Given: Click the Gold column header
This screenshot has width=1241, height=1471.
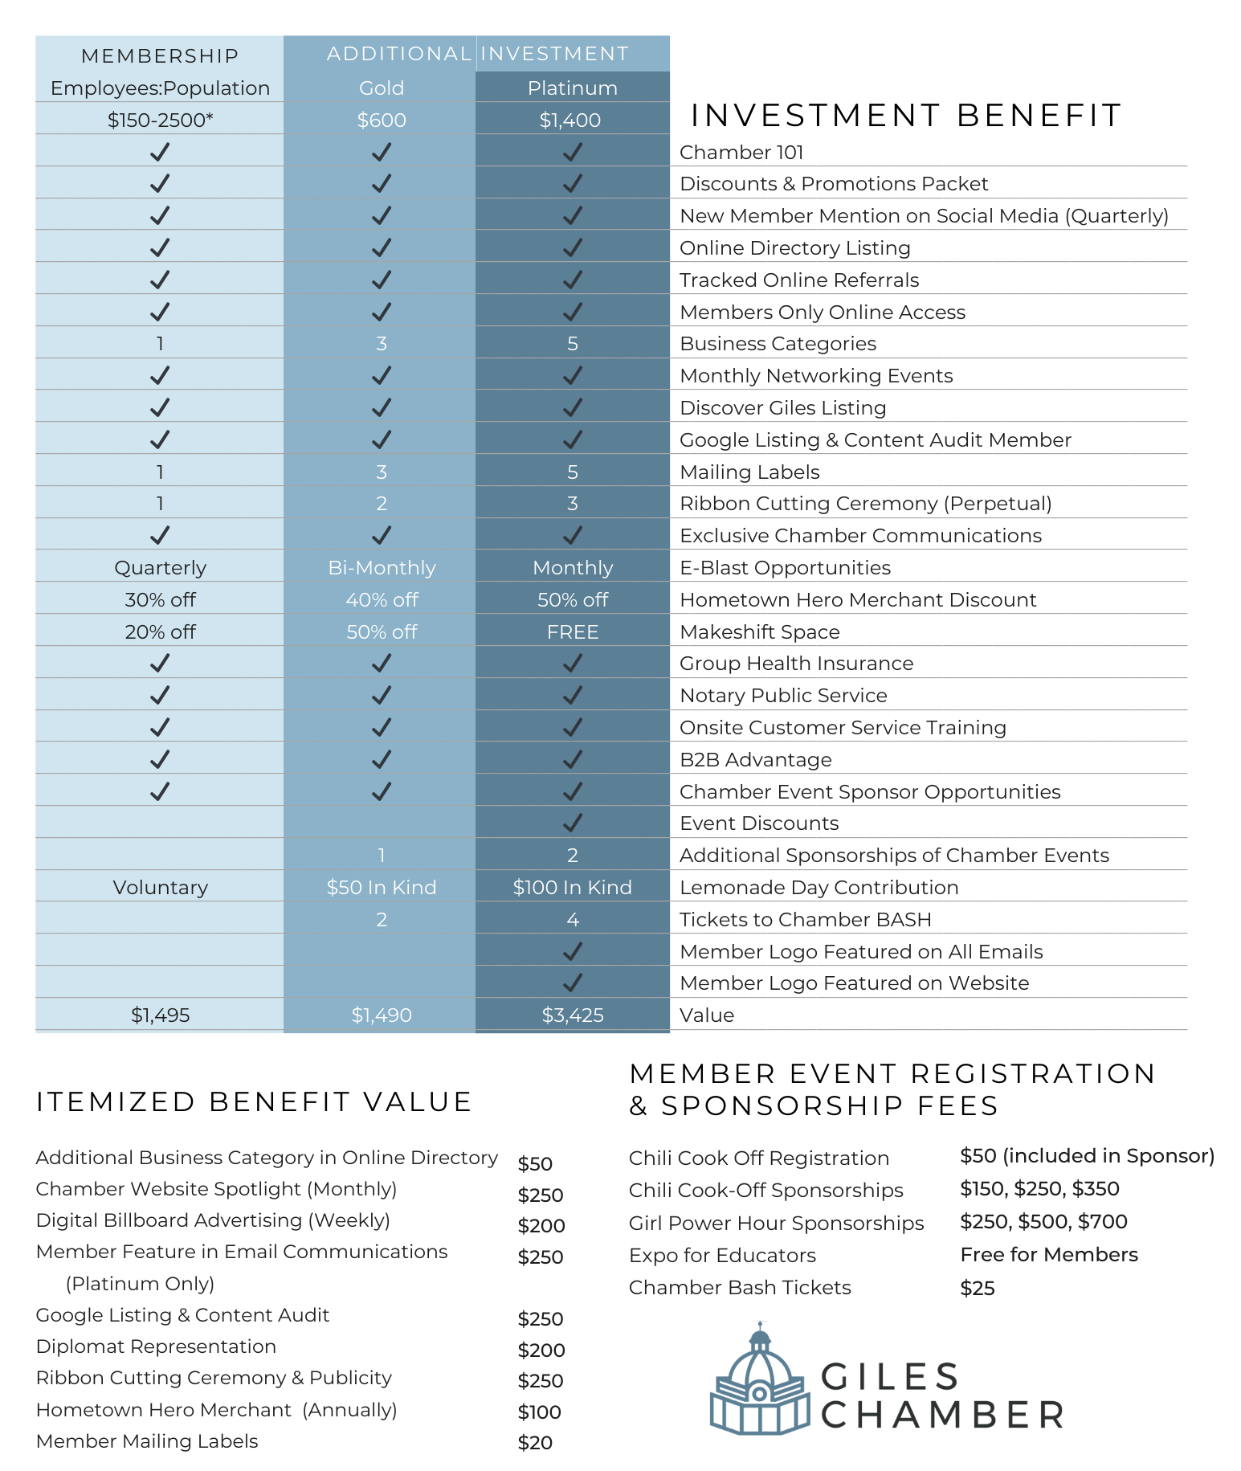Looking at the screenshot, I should click(381, 88).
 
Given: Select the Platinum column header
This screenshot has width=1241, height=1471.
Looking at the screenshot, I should click(572, 88).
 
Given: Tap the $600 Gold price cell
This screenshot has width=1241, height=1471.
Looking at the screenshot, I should click(381, 120).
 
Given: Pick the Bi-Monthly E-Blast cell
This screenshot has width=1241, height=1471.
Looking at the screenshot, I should click(382, 567).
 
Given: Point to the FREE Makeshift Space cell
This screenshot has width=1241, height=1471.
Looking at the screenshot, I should click(572, 631).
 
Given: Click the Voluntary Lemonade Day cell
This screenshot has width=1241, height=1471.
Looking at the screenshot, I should click(160, 887).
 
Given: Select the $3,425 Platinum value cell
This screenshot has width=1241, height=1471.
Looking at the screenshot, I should click(572, 1015).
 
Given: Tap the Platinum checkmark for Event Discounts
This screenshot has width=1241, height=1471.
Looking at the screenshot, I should click(572, 823).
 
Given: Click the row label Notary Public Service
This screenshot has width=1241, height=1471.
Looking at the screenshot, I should click(783, 695).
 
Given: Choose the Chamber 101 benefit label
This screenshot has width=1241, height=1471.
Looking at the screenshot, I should click(741, 152).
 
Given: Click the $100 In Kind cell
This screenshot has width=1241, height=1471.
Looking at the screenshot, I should click(572, 887).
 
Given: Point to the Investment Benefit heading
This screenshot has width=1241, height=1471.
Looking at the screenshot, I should click(905, 115).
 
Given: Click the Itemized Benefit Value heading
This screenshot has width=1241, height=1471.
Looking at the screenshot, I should click(253, 1101).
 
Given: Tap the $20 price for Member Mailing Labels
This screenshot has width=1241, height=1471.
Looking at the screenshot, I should click(535, 1442).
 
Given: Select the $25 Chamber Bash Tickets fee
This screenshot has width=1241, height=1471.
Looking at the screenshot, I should click(977, 1288).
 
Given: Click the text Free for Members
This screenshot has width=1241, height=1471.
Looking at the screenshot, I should click(1048, 1254).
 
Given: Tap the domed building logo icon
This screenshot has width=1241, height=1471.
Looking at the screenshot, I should click(759, 1379).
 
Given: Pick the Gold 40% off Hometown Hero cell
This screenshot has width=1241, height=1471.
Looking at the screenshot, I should click(382, 599).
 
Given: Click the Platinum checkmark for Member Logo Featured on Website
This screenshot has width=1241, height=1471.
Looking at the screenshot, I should click(572, 983).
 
